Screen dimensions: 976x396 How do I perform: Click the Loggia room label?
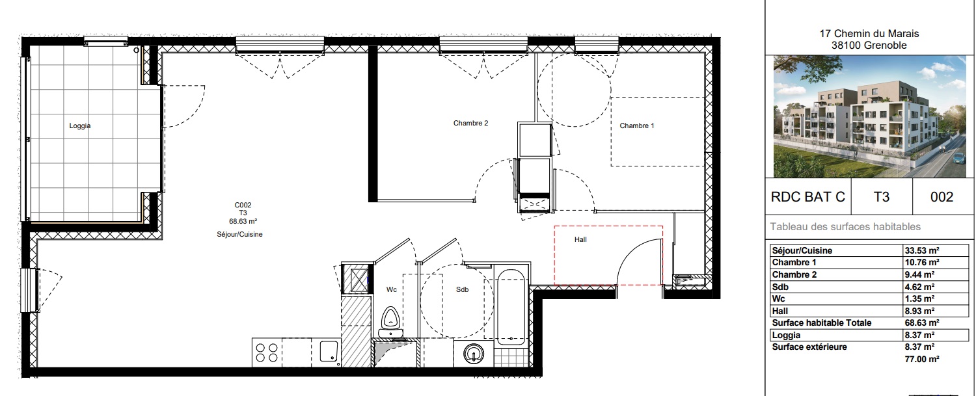(x=80, y=126)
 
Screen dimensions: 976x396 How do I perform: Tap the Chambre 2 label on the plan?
(x=470, y=124)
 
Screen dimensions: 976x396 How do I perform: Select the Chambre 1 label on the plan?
(x=636, y=126)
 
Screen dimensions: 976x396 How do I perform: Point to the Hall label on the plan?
(x=580, y=239)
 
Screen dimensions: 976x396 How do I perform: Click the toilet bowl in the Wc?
(x=390, y=321)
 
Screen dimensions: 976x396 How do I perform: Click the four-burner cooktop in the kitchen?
(x=267, y=352)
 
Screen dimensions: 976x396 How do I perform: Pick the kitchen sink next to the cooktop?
(x=329, y=352)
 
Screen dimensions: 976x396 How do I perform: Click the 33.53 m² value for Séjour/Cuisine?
(x=922, y=250)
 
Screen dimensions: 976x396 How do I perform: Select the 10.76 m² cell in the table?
(x=922, y=262)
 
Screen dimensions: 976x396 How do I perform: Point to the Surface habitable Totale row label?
(x=822, y=323)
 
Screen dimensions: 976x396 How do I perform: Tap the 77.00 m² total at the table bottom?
(x=922, y=359)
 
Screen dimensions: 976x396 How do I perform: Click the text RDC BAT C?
(x=808, y=197)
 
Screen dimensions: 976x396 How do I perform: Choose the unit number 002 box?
(x=942, y=197)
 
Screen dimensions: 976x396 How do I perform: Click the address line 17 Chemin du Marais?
(x=869, y=34)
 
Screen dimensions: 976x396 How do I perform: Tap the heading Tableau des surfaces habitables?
(x=845, y=226)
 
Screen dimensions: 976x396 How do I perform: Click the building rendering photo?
(x=870, y=116)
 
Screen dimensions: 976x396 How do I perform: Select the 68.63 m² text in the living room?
(x=243, y=221)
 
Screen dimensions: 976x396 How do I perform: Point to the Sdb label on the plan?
(x=462, y=290)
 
